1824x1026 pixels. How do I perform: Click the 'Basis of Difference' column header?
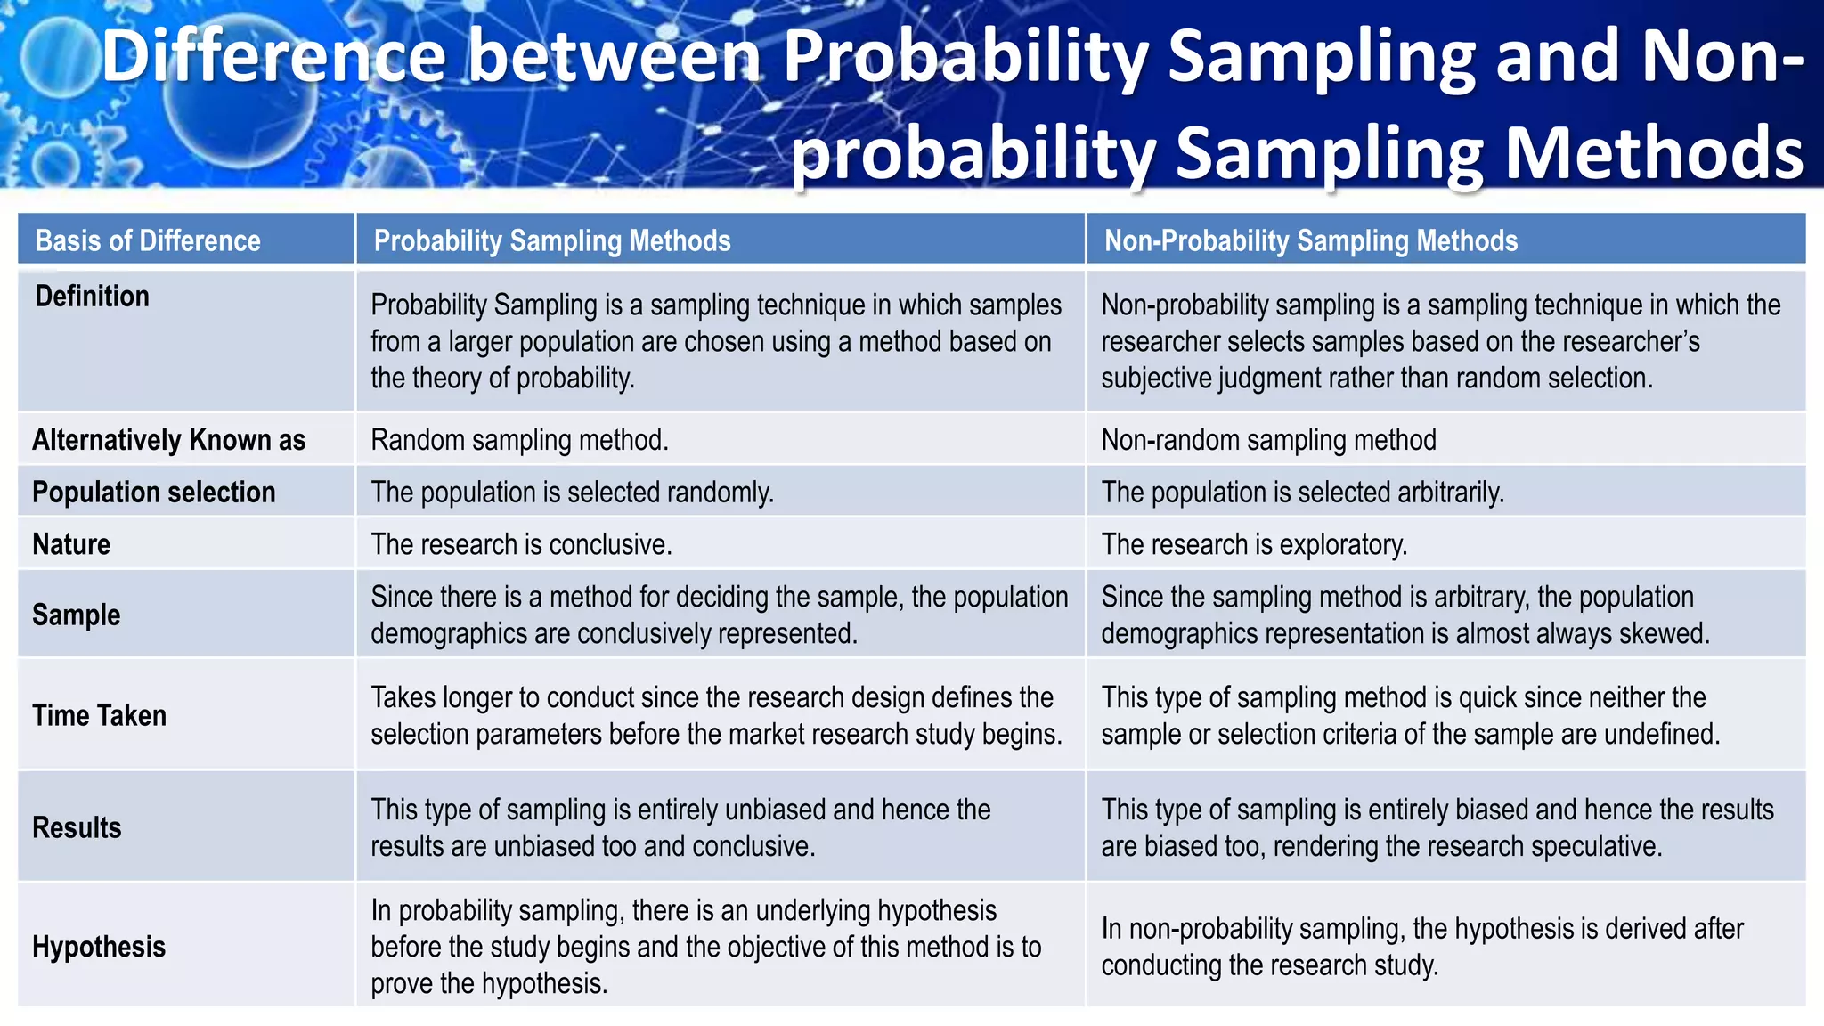point(148,240)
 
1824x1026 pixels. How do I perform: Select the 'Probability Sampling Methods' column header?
point(552,240)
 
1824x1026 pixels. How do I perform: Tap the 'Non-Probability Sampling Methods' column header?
point(1311,240)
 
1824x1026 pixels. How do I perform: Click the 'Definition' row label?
point(92,296)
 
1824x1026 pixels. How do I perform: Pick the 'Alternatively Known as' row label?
point(169,440)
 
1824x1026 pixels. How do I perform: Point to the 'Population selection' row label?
point(154,492)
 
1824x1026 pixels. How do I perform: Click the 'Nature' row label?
point(71,544)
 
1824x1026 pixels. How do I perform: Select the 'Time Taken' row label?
point(100,715)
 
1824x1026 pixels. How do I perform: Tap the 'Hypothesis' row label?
point(99,947)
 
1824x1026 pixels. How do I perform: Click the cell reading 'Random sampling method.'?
point(519,440)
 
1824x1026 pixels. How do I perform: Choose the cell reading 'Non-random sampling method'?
point(1268,440)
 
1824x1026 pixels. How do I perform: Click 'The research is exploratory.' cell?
point(1254,544)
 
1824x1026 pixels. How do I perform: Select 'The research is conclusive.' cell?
point(521,544)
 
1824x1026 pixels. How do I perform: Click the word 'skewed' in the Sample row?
point(1663,633)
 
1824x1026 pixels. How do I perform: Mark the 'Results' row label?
point(77,827)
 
